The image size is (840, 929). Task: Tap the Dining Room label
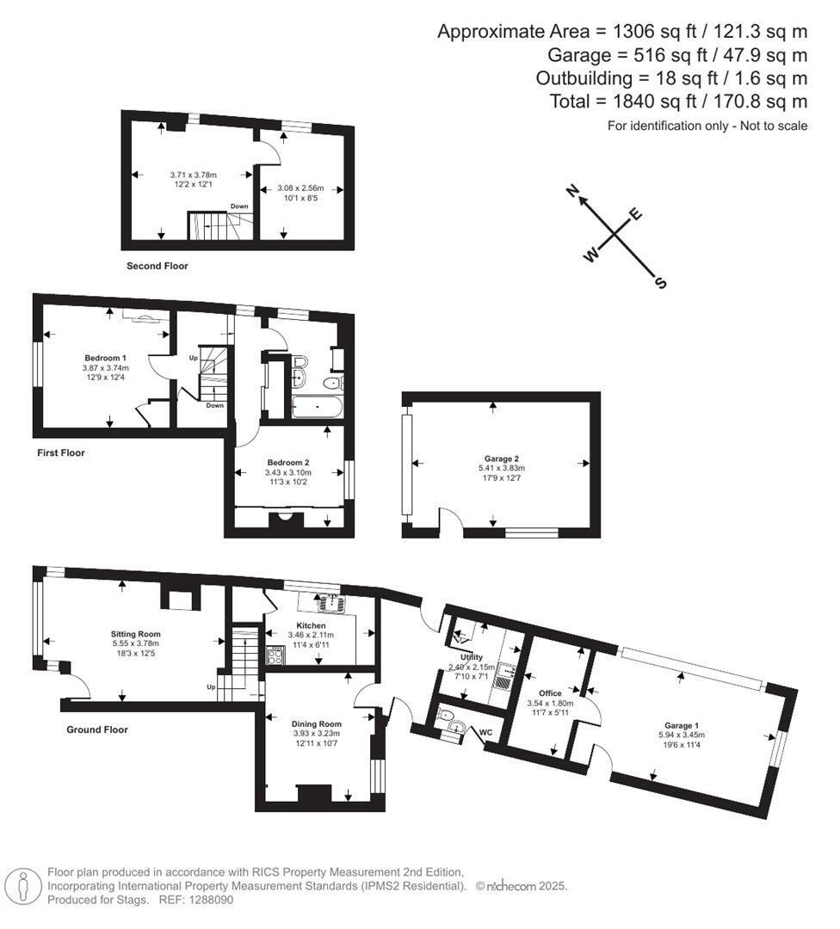[318, 723]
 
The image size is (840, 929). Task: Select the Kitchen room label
[311, 625]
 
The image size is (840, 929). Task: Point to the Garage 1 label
[688, 724]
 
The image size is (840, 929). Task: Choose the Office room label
[550, 693]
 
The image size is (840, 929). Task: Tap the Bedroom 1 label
[106, 358]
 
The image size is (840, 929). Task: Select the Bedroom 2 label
[287, 463]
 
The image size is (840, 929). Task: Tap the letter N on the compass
[571, 193]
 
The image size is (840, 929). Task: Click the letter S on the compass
[661, 283]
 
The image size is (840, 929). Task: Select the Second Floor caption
[157, 266]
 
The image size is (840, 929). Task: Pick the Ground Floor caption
[97, 729]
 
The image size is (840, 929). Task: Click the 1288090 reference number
[212, 900]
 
